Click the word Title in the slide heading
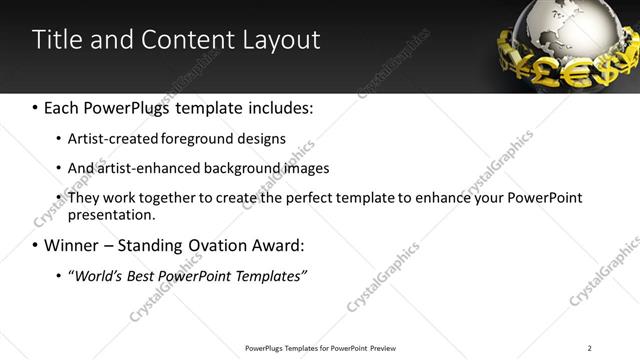tap(55, 40)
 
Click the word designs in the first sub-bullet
tap(263, 139)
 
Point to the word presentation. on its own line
tap(111, 214)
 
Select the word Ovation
tap(210, 245)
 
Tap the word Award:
tap(275, 245)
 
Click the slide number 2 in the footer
tap(589, 347)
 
